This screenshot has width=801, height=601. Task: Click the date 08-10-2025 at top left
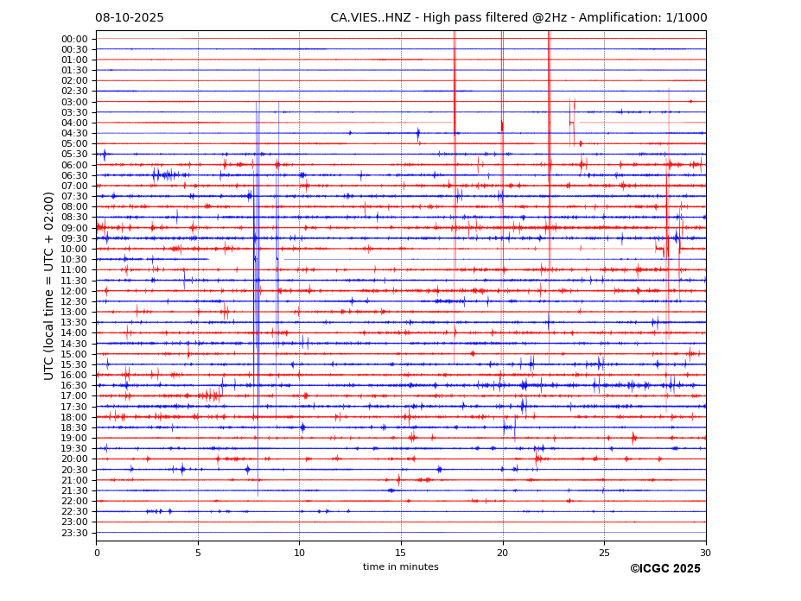coord(130,18)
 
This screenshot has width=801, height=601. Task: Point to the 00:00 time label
coord(74,39)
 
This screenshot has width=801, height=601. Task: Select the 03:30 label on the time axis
coord(74,112)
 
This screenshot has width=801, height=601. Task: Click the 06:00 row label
coord(74,165)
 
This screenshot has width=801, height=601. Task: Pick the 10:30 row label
coord(74,259)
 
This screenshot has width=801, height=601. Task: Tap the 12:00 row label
coord(74,291)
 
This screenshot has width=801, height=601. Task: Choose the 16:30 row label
coord(74,385)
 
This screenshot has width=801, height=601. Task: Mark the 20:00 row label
coord(74,459)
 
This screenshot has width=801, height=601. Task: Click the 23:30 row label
coord(74,532)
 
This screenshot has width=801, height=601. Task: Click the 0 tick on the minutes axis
coord(97,553)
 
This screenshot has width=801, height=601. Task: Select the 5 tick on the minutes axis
coord(198,553)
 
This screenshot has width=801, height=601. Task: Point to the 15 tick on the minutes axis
coord(401,553)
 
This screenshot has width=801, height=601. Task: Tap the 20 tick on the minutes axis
coord(503,553)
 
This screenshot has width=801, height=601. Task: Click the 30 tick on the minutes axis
coord(706,553)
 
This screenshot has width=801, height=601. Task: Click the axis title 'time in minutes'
coord(401,567)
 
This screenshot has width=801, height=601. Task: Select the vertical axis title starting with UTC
coord(50,286)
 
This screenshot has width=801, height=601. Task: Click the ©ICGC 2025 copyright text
coord(664,569)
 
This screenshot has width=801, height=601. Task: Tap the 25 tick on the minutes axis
coord(604,553)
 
